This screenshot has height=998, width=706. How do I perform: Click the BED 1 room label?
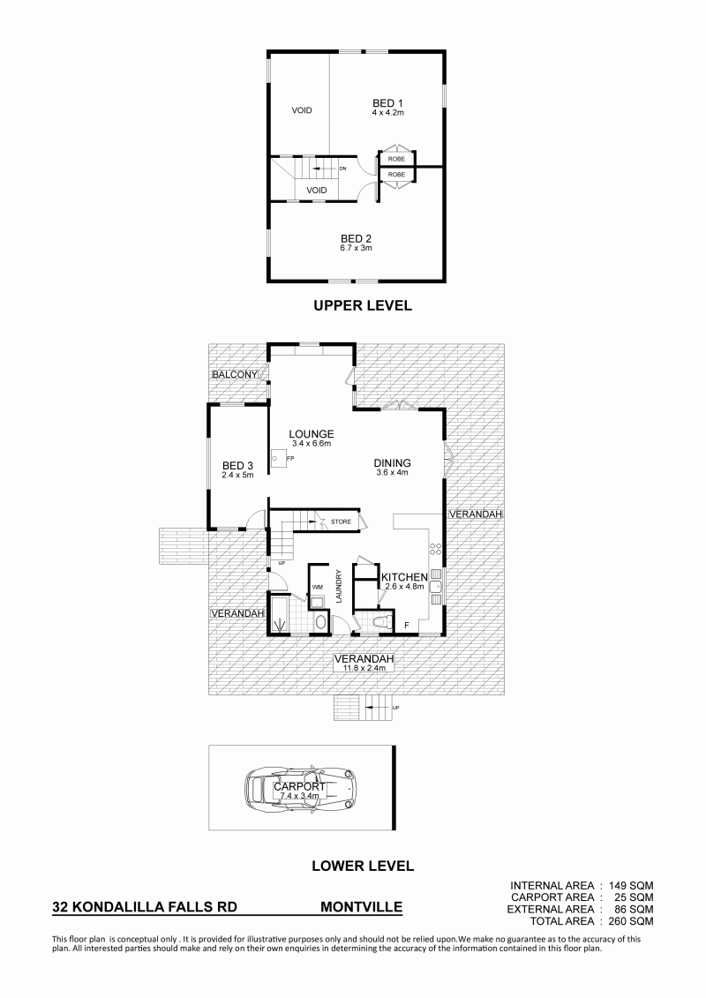tap(387, 103)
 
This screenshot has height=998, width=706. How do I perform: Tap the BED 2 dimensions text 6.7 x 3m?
tap(357, 248)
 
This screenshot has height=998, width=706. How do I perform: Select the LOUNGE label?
tap(312, 435)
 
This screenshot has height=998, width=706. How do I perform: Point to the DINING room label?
tap(392, 463)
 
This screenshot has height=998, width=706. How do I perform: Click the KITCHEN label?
tap(404, 577)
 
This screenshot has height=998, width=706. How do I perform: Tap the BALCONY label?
tap(235, 375)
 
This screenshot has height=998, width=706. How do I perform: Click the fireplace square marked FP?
tap(277, 457)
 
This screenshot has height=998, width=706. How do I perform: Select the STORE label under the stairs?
tap(341, 522)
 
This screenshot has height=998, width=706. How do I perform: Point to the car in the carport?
tap(300, 789)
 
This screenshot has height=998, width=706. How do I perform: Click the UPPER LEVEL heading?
tap(363, 305)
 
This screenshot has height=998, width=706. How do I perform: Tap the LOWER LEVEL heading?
tap(363, 866)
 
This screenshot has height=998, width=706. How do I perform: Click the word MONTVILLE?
tap(361, 906)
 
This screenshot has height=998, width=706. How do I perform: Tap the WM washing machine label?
tap(317, 587)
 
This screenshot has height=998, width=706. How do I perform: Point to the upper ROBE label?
tap(396, 159)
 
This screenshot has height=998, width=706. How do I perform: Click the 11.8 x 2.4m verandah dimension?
tap(364, 668)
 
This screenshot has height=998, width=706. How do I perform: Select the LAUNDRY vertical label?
tap(339, 586)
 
